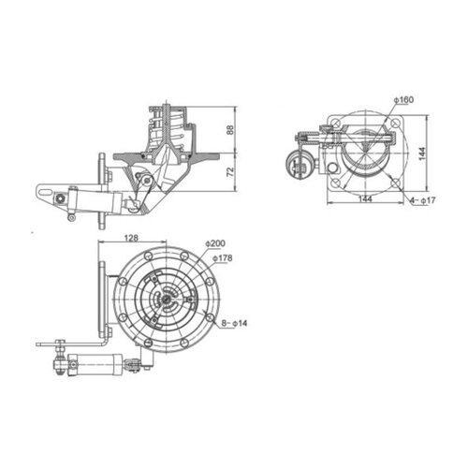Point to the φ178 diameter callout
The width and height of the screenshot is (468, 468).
tap(222, 257)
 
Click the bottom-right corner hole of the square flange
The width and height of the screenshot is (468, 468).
tap(393, 181)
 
